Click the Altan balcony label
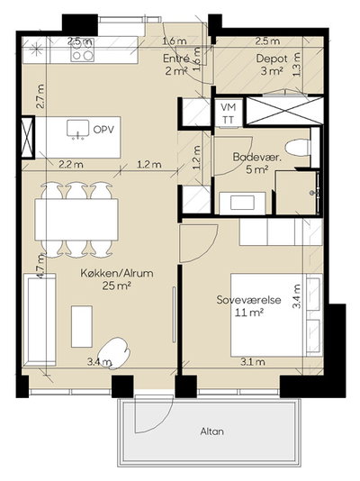click(x=212, y=431)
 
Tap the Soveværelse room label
click(x=248, y=299)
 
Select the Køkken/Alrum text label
click(x=117, y=273)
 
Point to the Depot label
click(x=267, y=59)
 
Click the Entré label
click(x=176, y=59)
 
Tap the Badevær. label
click(x=257, y=157)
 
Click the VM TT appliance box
click(x=229, y=113)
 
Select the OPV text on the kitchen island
click(x=103, y=130)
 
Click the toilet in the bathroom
click(x=298, y=148)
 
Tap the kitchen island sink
click(x=77, y=129)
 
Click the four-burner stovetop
click(x=82, y=50)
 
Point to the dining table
click(x=76, y=221)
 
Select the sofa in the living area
click(x=40, y=320)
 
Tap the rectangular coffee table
click(x=82, y=326)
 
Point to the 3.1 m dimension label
click(x=253, y=362)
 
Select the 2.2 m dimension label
click(x=71, y=165)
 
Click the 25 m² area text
click(x=117, y=286)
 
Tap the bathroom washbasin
click(x=242, y=203)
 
